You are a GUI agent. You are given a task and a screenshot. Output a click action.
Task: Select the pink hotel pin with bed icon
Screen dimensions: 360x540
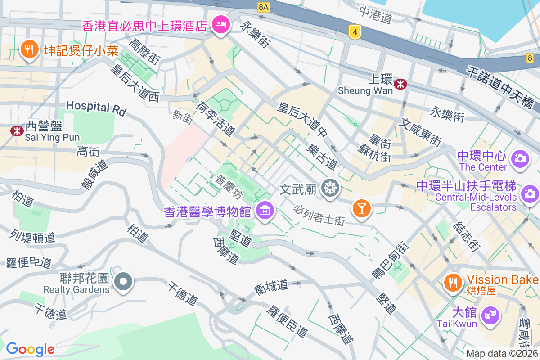click(x=220, y=23)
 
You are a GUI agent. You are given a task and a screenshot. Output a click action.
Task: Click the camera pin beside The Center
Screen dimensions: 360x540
click(x=520, y=159)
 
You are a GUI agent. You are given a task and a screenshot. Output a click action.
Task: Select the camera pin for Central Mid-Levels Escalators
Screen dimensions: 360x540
click(x=530, y=194)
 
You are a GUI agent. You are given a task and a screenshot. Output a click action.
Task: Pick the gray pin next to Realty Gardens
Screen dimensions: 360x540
click(x=123, y=282)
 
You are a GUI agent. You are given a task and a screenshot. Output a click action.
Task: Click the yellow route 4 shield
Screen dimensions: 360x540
click(x=355, y=31)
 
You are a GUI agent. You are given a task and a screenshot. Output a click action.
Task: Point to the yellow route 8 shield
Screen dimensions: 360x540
click(x=530, y=58)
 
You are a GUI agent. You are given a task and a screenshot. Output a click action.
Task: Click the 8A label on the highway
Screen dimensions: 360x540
click(x=263, y=7)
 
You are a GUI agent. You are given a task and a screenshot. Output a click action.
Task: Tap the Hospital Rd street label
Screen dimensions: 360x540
click(x=96, y=108)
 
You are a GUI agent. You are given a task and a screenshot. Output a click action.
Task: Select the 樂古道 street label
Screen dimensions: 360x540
click(x=322, y=156)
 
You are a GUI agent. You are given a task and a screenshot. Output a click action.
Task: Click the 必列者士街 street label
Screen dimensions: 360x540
click(x=319, y=215)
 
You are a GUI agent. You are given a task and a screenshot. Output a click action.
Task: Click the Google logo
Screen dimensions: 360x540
click(x=30, y=349)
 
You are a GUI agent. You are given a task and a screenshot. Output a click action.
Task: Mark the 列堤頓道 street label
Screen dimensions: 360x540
click(x=32, y=235)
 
